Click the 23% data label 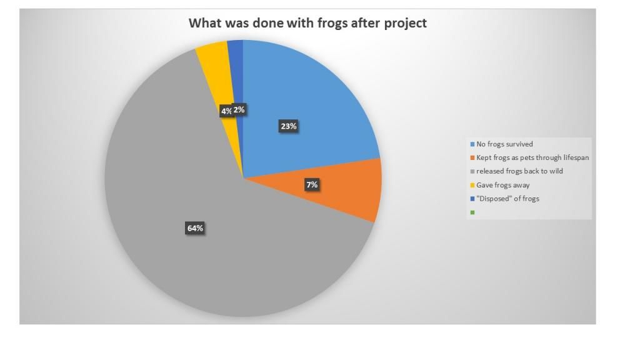pos(289,126)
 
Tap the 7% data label pos(312,185)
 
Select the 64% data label pos(195,228)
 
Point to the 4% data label pos(226,111)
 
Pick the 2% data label pos(239,109)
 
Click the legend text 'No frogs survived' pos(504,144)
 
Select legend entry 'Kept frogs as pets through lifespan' pos(532,157)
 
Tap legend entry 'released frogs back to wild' pos(519,171)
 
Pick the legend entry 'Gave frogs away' pos(503,185)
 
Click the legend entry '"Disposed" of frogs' pos(507,199)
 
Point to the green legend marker pos(472,212)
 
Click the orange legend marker pos(472,158)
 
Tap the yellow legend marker pos(472,185)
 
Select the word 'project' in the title pos(405,24)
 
